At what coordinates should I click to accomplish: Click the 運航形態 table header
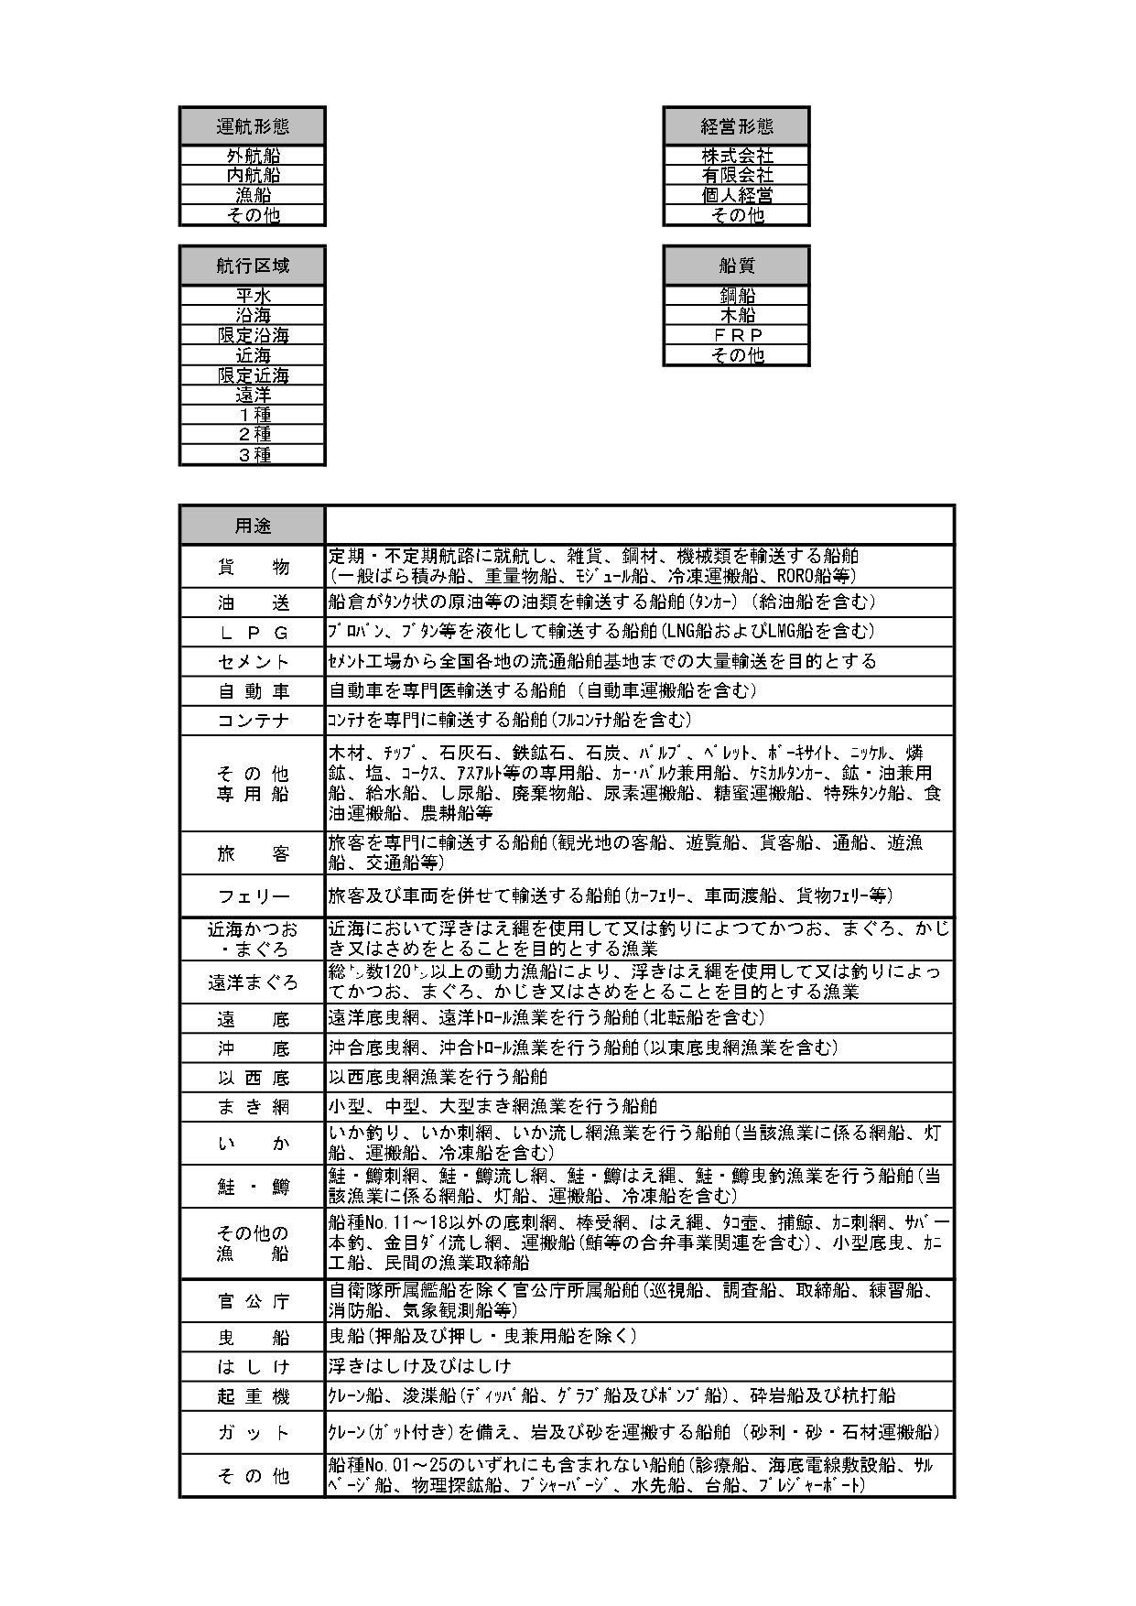coord(253,126)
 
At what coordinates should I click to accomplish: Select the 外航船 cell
coord(253,156)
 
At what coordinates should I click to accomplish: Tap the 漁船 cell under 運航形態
coord(253,195)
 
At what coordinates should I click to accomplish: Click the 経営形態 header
coord(737,126)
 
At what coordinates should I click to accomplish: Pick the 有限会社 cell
coord(737,175)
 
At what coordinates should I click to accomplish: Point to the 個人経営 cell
coord(737,195)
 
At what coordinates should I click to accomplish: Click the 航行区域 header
coord(253,266)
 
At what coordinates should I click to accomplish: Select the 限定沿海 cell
coord(253,335)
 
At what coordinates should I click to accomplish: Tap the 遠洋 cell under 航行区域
coord(253,395)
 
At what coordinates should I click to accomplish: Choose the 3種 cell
coord(253,454)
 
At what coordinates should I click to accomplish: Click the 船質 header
coord(737,266)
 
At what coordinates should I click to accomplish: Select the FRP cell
coord(737,335)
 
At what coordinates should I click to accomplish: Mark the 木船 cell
coord(737,315)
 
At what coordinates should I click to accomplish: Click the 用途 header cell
coord(253,526)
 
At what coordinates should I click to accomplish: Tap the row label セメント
coord(253,661)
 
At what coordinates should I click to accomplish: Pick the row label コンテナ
coord(253,721)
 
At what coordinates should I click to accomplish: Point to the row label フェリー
coord(253,895)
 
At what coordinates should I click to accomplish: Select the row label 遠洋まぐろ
coord(253,982)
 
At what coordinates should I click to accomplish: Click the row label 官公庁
coord(253,1301)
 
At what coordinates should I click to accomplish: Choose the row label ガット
coord(253,1433)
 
